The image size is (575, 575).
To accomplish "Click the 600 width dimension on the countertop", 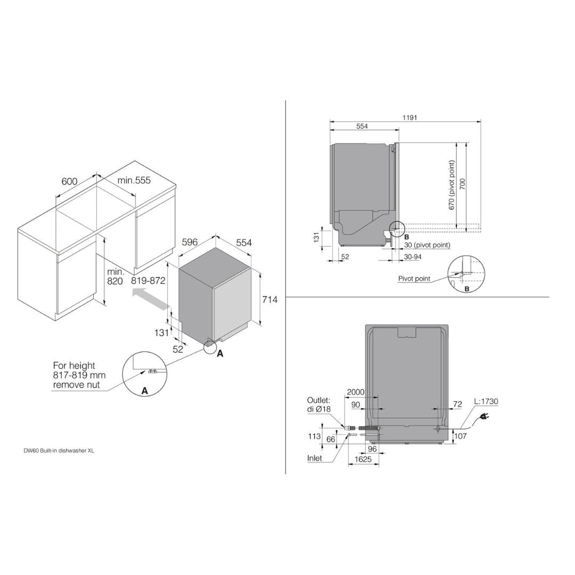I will (x=69, y=182).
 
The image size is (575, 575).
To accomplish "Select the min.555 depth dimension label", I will (x=134, y=180).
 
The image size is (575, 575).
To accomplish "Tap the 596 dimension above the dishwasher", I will (x=190, y=242).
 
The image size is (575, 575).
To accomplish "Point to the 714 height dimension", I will (x=269, y=300).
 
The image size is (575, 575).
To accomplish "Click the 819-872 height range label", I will (x=144, y=281).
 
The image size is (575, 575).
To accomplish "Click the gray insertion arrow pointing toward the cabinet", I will (x=151, y=298).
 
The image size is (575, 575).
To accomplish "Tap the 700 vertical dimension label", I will (x=463, y=184).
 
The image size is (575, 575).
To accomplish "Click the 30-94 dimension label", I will (x=413, y=257).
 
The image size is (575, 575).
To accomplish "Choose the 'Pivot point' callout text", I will (x=414, y=278).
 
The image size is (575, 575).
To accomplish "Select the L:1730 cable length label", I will (x=486, y=401).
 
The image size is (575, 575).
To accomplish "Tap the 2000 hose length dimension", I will (x=356, y=392).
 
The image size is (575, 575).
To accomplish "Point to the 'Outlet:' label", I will (x=319, y=400).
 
